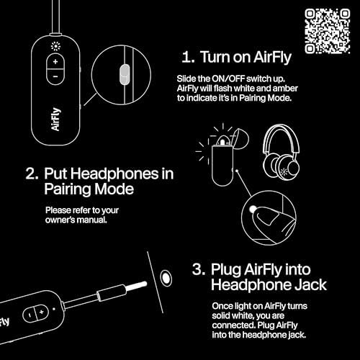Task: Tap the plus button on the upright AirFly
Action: coord(55,63)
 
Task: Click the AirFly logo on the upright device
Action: coord(55,117)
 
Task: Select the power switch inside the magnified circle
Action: coord(122,73)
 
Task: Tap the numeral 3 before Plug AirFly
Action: coord(196,268)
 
